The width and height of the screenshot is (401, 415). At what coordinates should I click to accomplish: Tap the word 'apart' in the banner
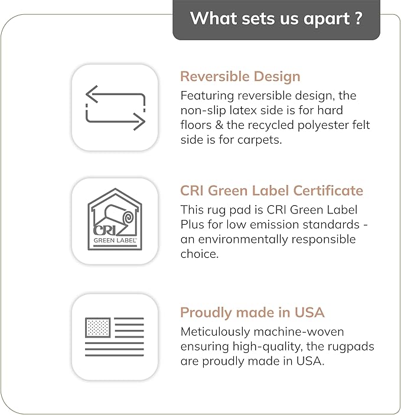click(x=327, y=20)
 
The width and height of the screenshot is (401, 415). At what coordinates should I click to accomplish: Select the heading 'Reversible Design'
click(x=240, y=77)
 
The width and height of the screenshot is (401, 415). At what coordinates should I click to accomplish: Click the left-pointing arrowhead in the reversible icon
click(x=92, y=94)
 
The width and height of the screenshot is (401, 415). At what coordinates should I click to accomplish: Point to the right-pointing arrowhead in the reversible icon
click(x=139, y=121)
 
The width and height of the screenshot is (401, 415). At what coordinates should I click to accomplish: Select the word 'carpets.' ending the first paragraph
click(x=260, y=140)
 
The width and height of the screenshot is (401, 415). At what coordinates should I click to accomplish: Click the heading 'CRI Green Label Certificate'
click(x=272, y=190)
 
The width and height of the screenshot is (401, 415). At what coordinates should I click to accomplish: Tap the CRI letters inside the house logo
click(x=105, y=231)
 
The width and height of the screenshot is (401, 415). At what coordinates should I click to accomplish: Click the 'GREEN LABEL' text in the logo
click(x=115, y=241)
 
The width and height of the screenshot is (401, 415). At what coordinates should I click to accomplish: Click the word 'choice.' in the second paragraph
click(x=200, y=254)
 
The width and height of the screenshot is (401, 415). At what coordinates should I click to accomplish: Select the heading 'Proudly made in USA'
click(x=252, y=313)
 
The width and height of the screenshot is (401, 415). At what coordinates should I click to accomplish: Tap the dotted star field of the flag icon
click(x=97, y=328)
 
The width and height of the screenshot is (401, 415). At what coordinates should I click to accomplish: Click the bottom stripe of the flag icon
click(x=115, y=355)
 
